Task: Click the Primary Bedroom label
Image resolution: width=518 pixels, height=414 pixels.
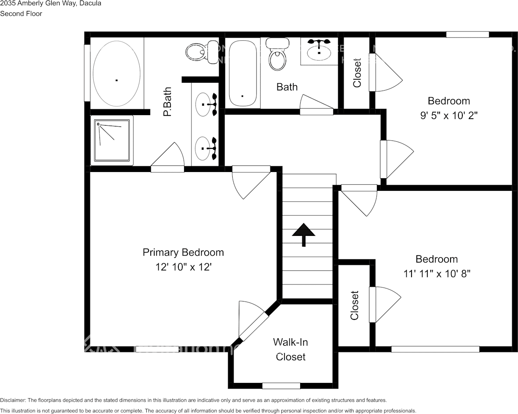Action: (x=183, y=253)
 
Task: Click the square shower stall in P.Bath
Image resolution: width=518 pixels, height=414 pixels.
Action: (x=112, y=140)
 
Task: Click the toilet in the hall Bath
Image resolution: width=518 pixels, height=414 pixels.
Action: (x=277, y=55)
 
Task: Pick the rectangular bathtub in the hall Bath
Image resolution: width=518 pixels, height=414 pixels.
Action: (x=242, y=73)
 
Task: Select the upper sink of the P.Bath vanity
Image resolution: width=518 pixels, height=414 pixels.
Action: (x=203, y=104)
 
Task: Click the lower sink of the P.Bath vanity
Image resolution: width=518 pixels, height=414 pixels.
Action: (x=203, y=148)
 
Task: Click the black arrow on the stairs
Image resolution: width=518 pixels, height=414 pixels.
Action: (x=304, y=234)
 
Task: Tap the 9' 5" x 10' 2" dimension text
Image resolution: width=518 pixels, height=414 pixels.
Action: (x=449, y=116)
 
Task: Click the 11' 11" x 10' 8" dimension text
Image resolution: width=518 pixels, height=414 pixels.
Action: (x=436, y=274)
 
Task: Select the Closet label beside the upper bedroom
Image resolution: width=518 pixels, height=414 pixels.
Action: (x=357, y=73)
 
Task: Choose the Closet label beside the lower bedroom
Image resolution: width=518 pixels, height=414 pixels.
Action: (x=355, y=305)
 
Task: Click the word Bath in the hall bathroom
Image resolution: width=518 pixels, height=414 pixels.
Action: (x=287, y=87)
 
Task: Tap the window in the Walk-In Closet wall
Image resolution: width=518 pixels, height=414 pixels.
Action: (x=281, y=386)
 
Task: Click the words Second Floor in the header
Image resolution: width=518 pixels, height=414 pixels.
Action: (x=21, y=14)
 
